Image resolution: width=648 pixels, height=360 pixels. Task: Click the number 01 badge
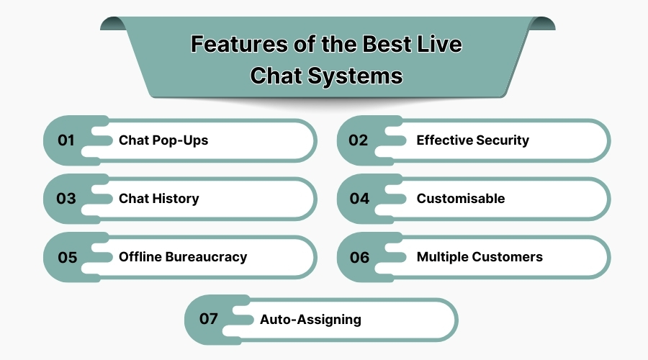click(66, 140)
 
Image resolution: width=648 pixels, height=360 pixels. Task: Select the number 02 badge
click(359, 140)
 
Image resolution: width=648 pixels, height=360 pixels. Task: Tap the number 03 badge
click(66, 199)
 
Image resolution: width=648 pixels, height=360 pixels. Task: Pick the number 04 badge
click(359, 199)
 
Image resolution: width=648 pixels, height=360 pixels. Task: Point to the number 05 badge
click(67, 257)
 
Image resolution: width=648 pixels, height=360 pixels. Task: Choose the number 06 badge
click(359, 257)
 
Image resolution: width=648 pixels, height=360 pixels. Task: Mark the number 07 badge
click(208, 319)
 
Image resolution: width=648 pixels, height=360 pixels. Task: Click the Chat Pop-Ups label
click(163, 140)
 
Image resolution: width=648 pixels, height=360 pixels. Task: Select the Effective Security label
click(472, 140)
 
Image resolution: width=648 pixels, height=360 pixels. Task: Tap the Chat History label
click(158, 199)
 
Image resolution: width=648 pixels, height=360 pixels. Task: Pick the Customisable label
click(461, 199)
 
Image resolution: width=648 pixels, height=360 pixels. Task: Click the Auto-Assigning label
click(310, 319)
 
